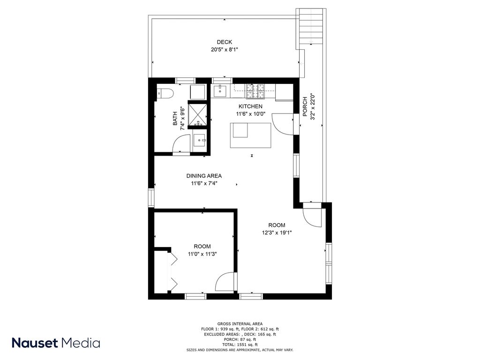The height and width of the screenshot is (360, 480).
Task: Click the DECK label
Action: point(225,42)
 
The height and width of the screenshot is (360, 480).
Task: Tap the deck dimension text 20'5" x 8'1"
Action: point(225,50)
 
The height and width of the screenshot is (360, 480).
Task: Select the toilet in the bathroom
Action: point(165,93)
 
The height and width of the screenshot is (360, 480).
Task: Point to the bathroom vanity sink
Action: point(200,140)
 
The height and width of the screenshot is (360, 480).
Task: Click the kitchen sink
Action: point(220,90)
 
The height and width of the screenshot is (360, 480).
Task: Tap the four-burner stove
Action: point(255,91)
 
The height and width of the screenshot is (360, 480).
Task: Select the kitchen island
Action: point(251,135)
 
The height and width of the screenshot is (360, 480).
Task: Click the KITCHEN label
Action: point(250,106)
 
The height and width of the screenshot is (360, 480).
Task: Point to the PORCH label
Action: point(305,106)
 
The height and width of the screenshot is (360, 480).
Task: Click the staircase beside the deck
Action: point(311,26)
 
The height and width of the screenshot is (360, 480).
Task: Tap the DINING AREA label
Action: point(204,176)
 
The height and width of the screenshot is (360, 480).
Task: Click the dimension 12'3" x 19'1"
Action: point(277,232)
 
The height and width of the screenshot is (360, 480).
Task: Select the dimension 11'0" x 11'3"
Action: point(202,254)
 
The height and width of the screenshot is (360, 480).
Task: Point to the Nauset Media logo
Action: point(56,343)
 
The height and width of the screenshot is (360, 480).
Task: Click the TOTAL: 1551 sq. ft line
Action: point(240,345)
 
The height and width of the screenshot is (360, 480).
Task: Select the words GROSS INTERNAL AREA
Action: point(240,324)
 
